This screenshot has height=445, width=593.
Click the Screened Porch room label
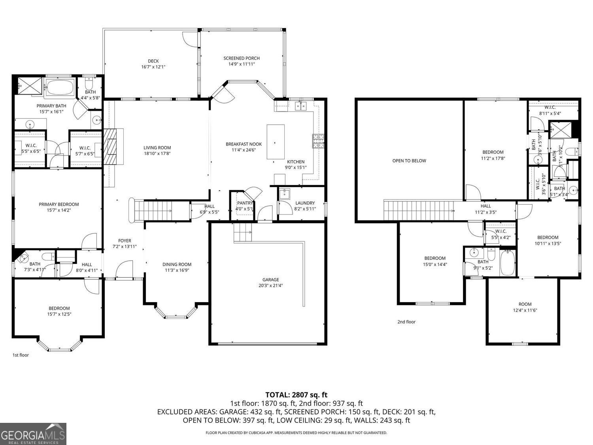[x=241, y=58]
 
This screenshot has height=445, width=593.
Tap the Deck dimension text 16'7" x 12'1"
[x=153, y=67]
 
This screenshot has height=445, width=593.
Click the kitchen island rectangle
[x=276, y=142]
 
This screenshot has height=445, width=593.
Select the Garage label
[x=271, y=280]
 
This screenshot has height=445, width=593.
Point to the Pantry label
[x=245, y=203]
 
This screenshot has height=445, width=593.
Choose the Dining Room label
[x=177, y=265]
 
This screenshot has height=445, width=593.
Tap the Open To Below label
[x=409, y=161]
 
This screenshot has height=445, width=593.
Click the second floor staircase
[x=419, y=210]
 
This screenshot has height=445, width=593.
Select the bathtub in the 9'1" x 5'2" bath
[x=507, y=263]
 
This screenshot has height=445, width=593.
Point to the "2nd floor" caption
[x=406, y=322]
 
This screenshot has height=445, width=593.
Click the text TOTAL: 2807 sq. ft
[x=296, y=395]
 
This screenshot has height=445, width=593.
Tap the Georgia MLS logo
[x=33, y=434]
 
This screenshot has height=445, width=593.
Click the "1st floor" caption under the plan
[x=21, y=355]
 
